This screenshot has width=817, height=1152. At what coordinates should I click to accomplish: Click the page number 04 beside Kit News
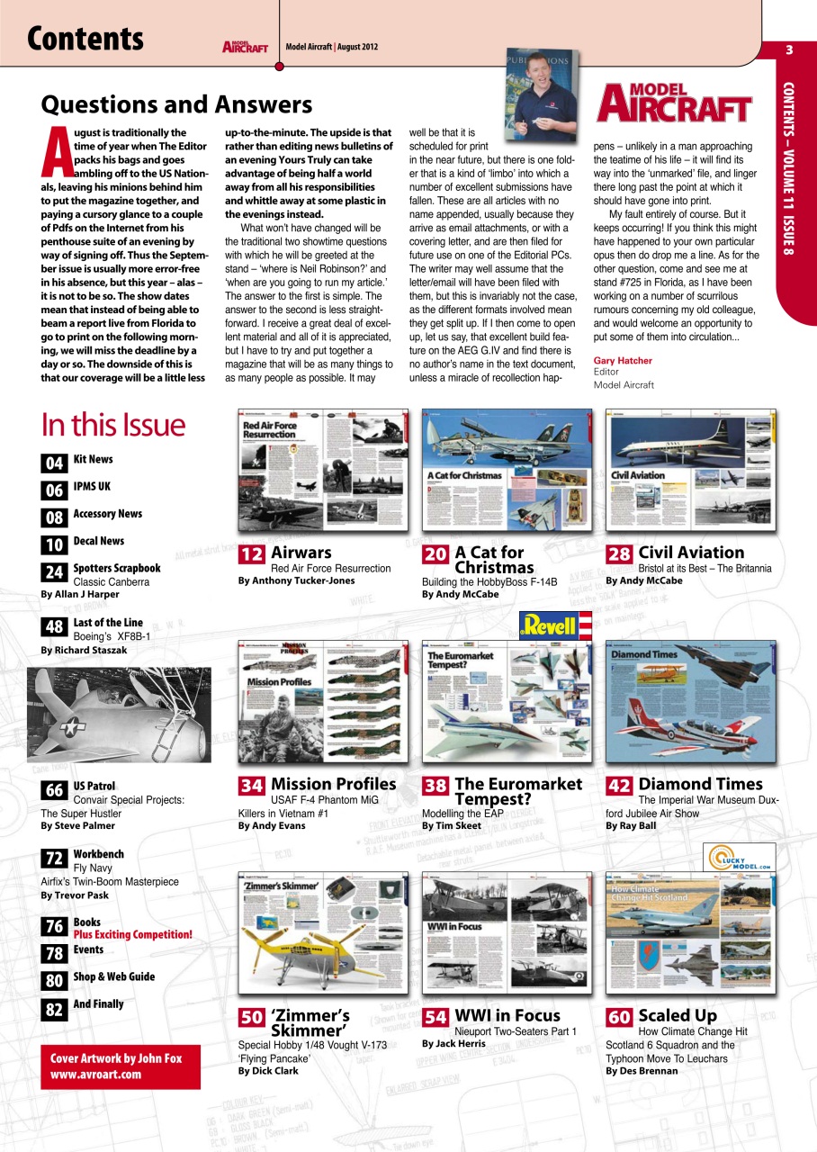(53, 463)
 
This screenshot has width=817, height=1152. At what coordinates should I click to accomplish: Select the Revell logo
(555, 625)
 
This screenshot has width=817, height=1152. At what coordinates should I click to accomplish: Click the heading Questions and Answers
(176, 105)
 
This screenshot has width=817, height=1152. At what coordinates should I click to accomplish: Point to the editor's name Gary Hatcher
(623, 361)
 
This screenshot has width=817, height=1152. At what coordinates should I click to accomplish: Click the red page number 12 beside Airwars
(251, 555)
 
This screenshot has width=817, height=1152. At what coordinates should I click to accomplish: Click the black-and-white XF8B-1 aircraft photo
(119, 715)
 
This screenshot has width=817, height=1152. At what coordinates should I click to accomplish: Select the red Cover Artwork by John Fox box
(121, 1066)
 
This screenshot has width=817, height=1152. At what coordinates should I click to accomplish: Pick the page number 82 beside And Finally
(53, 1009)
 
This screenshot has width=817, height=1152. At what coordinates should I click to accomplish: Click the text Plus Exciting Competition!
(133, 935)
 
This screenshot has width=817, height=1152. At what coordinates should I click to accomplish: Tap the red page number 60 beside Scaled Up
(618, 1018)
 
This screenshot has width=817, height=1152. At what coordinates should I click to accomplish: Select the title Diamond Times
(700, 785)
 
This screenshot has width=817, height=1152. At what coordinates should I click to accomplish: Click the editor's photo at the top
(541, 95)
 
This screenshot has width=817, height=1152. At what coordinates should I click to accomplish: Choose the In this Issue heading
(113, 425)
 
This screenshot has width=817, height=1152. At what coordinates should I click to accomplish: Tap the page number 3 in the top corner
(788, 49)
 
